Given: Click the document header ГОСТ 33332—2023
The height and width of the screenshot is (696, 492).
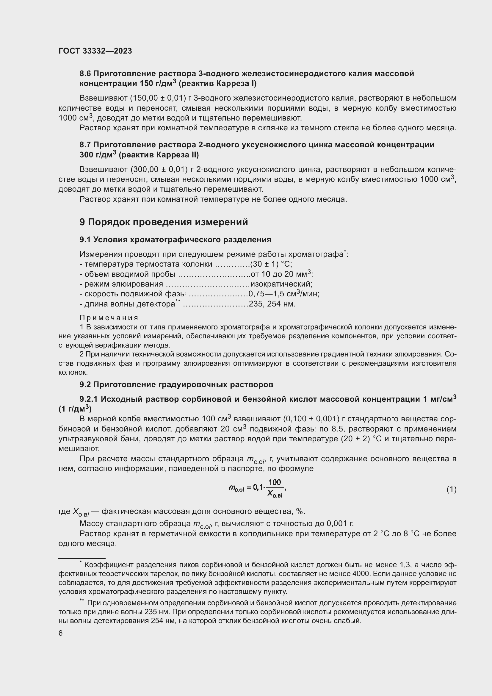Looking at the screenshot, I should pos(95,51).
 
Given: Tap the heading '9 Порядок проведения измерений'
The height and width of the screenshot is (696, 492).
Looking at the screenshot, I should pos(164,222).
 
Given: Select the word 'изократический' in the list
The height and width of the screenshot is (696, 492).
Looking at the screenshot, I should pos(281,284).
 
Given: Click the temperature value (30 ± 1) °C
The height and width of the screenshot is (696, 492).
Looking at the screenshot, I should pos(271,264).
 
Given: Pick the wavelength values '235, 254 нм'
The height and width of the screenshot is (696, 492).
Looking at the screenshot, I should pos(272,304).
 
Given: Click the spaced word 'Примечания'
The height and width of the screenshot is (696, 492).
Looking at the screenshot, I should pos(109,318).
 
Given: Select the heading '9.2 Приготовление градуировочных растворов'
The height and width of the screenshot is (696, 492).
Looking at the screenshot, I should pos(176,384).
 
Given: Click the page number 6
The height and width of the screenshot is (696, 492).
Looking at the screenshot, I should pos(61,633).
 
